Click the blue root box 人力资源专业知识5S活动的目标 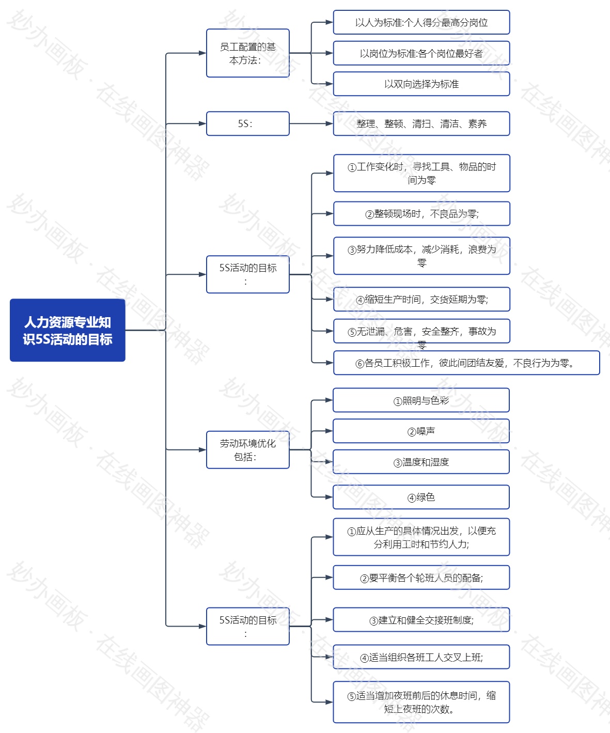(68, 330)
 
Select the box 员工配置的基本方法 (248, 53)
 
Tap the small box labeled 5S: (248, 123)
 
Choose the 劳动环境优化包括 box (248, 450)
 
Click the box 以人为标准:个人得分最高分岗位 (421, 22)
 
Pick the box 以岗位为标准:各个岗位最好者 (421, 53)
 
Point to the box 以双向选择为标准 (421, 84)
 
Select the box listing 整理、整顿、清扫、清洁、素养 (421, 123)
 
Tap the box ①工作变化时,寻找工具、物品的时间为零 (421, 173)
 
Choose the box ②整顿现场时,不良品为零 (421, 214)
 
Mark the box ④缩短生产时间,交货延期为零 (421, 299)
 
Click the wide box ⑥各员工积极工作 (466, 363)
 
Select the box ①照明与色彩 (421, 400)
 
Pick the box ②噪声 (421, 431)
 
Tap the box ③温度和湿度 (421, 462)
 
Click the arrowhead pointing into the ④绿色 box (329, 497)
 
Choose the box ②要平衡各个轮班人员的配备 (421, 578)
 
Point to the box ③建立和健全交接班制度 (421, 620)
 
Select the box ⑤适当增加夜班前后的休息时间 (421, 702)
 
